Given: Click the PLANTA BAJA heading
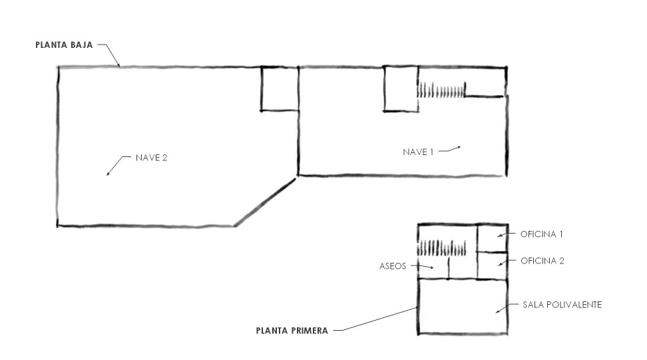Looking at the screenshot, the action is click(64, 45).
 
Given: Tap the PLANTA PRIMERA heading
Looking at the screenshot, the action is click(292, 331).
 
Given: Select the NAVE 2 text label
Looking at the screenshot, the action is click(151, 158).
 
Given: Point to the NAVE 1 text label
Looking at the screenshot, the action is click(418, 152).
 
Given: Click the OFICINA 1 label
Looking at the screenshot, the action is click(541, 234).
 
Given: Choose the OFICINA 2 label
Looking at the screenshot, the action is click(542, 261).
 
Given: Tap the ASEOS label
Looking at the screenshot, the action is click(393, 266).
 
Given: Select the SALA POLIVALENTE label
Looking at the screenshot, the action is click(562, 305).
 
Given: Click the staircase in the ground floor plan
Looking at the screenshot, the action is click(441, 90).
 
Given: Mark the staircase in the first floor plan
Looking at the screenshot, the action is click(441, 248).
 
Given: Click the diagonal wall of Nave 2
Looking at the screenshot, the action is click(266, 202).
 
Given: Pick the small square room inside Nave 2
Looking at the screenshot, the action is click(280, 89).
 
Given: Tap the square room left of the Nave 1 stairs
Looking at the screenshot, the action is click(400, 89).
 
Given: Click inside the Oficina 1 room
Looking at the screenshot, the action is click(493, 238).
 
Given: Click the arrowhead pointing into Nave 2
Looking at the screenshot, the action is click(108, 174).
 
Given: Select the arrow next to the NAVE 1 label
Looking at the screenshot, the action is click(449, 149).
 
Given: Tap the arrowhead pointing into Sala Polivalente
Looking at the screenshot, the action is click(497, 311).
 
